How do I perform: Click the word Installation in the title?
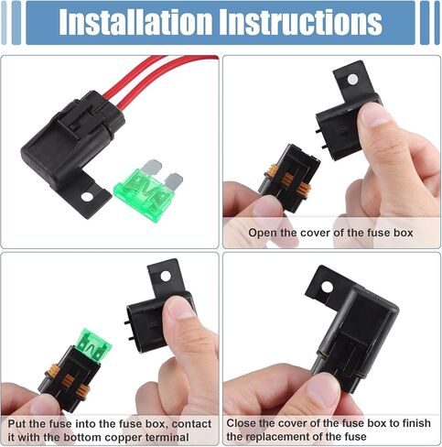[135, 22]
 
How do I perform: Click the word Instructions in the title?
[300, 22]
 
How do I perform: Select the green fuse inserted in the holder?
[93, 346]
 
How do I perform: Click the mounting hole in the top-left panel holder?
[87, 197]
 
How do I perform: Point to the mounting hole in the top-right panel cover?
[353, 80]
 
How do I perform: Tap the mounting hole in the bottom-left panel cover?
[166, 276]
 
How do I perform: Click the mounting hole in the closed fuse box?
[328, 287]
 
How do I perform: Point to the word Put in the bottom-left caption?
[16, 424]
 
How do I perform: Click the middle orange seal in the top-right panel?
[286, 179]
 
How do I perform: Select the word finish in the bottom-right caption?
[416, 423]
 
